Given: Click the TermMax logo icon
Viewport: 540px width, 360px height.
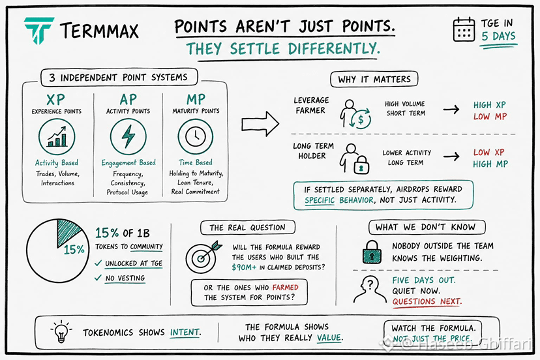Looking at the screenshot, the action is click(x=38, y=30).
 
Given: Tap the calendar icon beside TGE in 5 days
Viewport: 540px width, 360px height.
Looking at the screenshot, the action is click(x=464, y=29).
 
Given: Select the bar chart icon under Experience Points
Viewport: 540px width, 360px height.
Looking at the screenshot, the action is click(x=57, y=137).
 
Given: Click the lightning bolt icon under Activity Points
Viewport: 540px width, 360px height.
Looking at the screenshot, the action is click(x=128, y=136).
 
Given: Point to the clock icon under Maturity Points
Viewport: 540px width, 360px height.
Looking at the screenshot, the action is click(x=195, y=136).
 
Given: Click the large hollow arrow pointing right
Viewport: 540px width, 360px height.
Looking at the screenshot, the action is click(x=260, y=124).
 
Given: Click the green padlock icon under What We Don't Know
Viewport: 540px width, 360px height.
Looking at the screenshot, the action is click(x=372, y=252).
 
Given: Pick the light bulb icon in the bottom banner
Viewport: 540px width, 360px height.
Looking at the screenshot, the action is click(x=61, y=332).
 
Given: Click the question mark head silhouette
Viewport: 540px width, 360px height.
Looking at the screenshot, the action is click(x=369, y=290).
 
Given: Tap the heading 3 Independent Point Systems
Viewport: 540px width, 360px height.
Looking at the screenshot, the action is click(x=119, y=78).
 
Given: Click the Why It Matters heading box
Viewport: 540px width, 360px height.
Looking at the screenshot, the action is click(x=374, y=79).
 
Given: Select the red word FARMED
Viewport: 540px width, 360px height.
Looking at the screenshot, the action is click(x=285, y=288).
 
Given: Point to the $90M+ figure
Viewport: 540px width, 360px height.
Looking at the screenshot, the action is click(x=244, y=267).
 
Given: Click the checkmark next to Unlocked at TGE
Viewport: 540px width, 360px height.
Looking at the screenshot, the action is click(x=98, y=263).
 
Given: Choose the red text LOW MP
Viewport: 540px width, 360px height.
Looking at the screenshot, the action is click(x=490, y=117).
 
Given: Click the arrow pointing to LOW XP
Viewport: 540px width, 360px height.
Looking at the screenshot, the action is click(x=451, y=157).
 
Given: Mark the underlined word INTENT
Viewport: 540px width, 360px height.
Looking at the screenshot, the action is click(x=185, y=332).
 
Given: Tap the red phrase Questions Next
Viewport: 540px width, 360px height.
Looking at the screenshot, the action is click(x=427, y=301).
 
